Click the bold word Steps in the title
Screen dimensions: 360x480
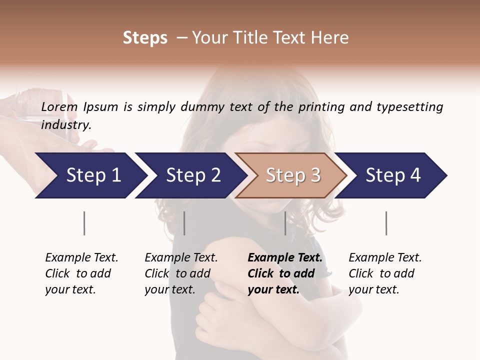145,38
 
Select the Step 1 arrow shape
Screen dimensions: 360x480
90,175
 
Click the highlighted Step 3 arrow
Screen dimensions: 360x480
292,175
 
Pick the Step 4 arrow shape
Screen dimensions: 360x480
393,175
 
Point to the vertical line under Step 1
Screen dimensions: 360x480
84,223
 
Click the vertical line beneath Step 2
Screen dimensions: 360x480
184,223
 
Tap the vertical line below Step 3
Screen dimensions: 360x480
285,223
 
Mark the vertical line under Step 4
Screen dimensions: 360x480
386,223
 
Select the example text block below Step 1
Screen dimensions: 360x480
81,273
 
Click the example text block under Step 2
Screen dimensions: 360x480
181,273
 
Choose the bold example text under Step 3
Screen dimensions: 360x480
285,273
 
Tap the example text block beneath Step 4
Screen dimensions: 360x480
385,273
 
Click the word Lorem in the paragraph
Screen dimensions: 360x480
59,107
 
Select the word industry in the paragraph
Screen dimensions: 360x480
65,125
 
